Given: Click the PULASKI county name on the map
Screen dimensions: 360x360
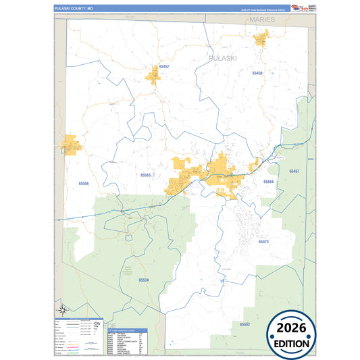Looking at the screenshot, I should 222,59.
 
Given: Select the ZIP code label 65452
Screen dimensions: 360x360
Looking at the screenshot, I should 164,67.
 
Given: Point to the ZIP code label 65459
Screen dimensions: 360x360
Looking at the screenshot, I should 257,72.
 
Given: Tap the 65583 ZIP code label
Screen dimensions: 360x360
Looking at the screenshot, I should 146,175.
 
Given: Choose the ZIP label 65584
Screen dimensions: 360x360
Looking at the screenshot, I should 268,182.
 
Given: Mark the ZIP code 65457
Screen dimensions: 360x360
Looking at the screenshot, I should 294,172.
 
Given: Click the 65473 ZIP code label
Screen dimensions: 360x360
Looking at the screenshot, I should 263,241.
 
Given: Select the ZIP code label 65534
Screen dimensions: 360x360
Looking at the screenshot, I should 144,280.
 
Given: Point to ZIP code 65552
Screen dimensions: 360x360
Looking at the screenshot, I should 244,324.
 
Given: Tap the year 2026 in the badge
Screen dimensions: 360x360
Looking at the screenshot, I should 292,328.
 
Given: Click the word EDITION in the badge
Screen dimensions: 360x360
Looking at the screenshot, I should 292,343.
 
